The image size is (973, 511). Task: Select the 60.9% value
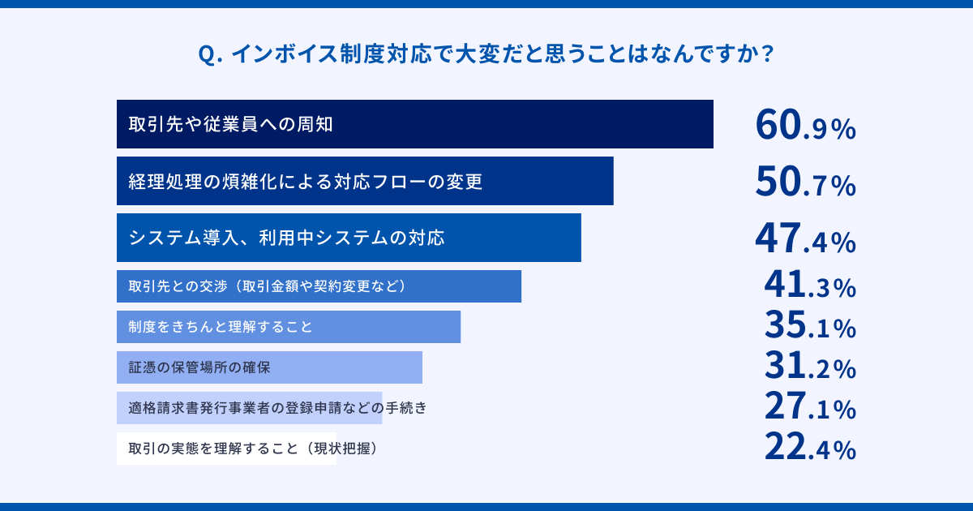pyautogui.click(x=805, y=125)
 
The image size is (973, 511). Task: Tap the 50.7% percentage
pyautogui.click(x=805, y=182)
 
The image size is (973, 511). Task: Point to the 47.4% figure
pyautogui.click(x=805, y=238)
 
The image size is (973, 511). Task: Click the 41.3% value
pyautogui.click(x=810, y=286)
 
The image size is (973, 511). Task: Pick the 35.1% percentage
pyautogui.click(x=810, y=327)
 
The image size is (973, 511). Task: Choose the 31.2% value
pyautogui.click(x=810, y=367)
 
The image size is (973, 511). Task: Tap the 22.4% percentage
pyautogui.click(x=810, y=448)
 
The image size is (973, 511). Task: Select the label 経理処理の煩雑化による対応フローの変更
pyautogui.click(x=306, y=182)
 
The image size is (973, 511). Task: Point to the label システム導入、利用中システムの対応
pyautogui.click(x=287, y=238)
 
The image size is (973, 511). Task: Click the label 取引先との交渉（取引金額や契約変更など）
pyautogui.click(x=267, y=286)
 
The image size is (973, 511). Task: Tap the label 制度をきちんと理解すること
pyautogui.click(x=221, y=327)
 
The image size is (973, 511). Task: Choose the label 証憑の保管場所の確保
pyautogui.click(x=199, y=367)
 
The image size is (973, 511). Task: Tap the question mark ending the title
pyautogui.click(x=766, y=55)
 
